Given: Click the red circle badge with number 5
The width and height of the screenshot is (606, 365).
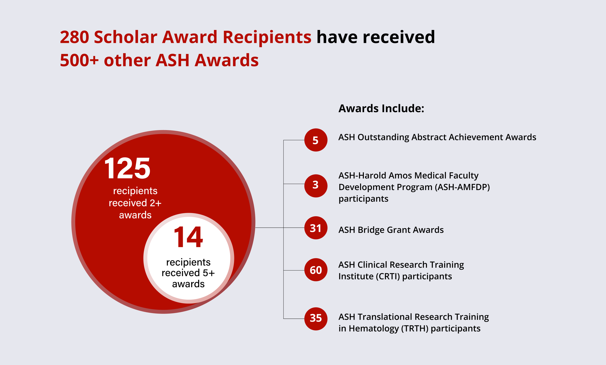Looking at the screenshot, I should click(316, 140).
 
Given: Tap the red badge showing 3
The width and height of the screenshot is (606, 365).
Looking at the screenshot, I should click(316, 186).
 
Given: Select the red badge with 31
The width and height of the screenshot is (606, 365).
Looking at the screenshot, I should click(316, 228).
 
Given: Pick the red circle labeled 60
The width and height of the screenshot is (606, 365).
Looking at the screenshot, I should click(316, 270).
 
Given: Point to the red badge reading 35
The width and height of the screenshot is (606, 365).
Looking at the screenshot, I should click(316, 319).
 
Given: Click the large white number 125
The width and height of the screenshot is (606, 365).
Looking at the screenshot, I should click(127, 168).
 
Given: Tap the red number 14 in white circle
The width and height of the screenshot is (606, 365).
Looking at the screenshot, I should click(188, 237).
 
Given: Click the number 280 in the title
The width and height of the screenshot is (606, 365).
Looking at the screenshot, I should click(74, 37).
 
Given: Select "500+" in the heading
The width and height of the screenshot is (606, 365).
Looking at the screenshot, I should click(79, 60).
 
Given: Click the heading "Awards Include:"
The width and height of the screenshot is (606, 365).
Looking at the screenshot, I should click(381, 108).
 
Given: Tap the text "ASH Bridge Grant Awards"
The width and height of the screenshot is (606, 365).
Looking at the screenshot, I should click(391, 230).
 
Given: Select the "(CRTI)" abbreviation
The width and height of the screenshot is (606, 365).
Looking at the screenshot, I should click(388, 277).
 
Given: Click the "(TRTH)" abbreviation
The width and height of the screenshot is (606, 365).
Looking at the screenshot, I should click(415, 329).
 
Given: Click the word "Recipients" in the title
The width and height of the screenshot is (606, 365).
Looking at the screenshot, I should click(267, 37).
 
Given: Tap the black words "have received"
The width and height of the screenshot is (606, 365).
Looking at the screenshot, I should click(375, 37).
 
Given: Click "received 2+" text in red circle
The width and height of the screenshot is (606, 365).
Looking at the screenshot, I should click(135, 203).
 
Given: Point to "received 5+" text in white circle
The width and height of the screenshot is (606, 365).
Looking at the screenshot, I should click(188, 273).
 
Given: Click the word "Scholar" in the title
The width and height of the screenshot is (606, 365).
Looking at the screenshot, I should click(125, 37).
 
